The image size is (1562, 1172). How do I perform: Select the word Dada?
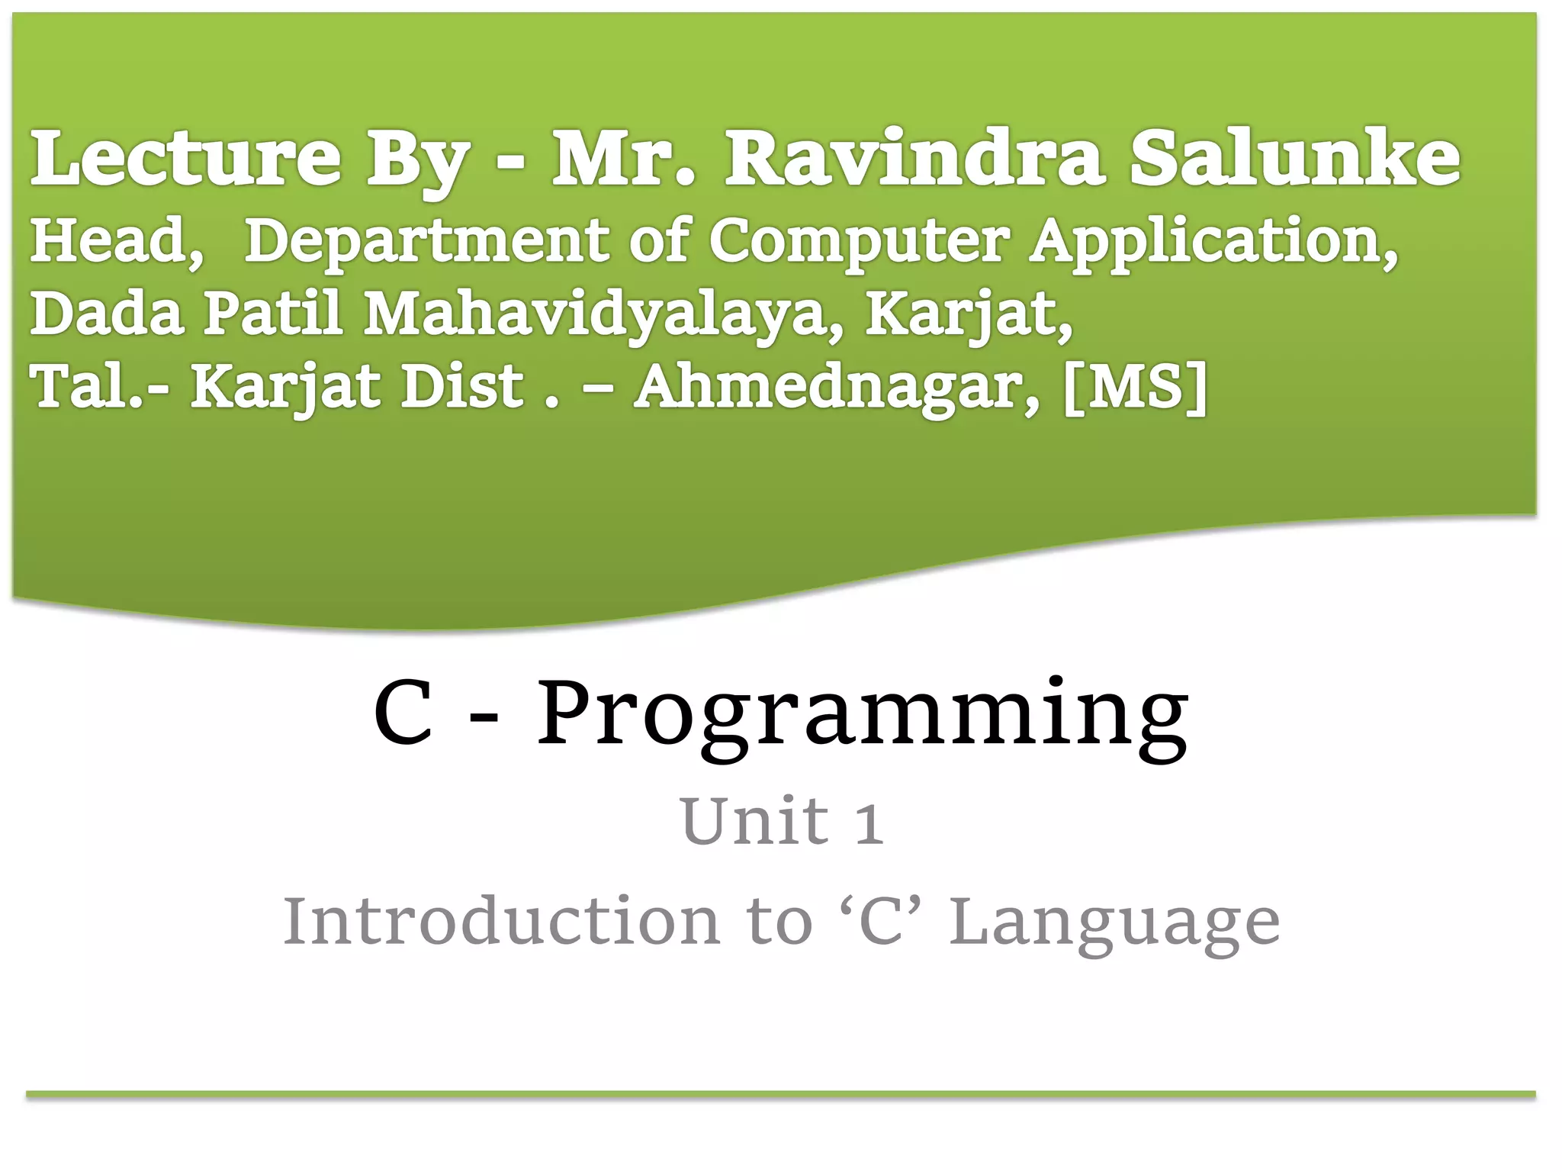(107, 314)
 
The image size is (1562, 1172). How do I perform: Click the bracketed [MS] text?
(1136, 387)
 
